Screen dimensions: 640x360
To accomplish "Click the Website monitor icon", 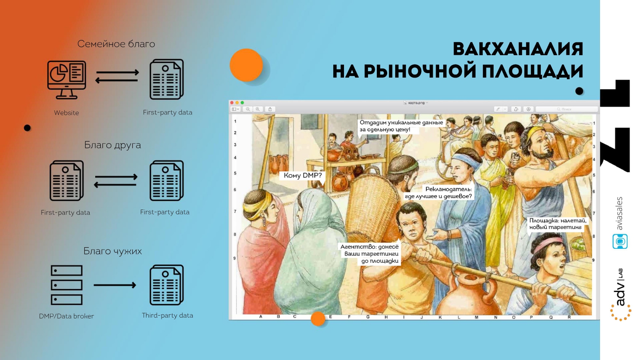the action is pos(66,80).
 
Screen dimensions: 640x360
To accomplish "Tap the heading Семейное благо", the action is pos(116,44).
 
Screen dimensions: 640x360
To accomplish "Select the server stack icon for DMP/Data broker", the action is pos(66,285).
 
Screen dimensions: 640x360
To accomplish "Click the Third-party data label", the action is pos(168,316).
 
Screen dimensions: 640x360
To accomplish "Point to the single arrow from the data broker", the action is pos(115,285).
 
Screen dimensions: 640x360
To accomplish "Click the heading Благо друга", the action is pos(112,145).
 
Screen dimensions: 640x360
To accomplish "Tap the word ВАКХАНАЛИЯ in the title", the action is pos(518,49).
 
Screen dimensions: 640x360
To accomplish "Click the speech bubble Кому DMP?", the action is pos(302,176).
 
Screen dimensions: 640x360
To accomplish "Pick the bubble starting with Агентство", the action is pos(370,254).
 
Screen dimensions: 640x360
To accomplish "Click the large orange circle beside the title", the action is pos(246,65).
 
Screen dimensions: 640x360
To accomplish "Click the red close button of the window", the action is pos(232,102).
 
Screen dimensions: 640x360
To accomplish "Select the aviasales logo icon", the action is pos(620,242).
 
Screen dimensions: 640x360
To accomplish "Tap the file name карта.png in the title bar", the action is pos(416,102).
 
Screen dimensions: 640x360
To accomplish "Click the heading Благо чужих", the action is pos(112,251).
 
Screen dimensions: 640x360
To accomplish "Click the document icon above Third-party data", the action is pos(166,285).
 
